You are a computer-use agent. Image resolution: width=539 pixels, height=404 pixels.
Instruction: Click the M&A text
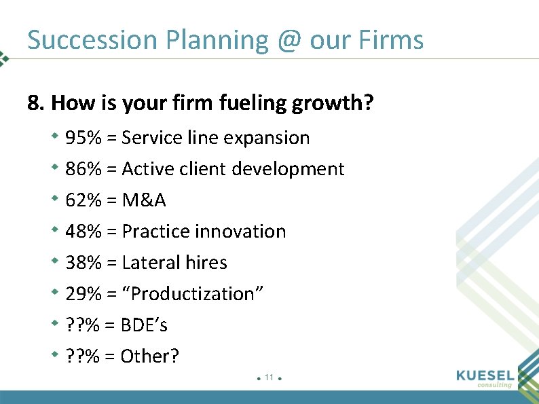pos(144,200)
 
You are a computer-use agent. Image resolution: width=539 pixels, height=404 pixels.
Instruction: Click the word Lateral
pos(150,263)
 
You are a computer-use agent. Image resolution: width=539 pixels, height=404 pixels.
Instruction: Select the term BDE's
pos(144,325)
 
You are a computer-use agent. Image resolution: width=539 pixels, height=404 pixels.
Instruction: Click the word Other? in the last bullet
pos(150,356)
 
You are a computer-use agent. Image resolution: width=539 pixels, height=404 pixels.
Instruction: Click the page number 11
pos(269,377)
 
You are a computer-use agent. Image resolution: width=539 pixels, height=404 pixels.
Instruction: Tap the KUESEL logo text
pos(486,375)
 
